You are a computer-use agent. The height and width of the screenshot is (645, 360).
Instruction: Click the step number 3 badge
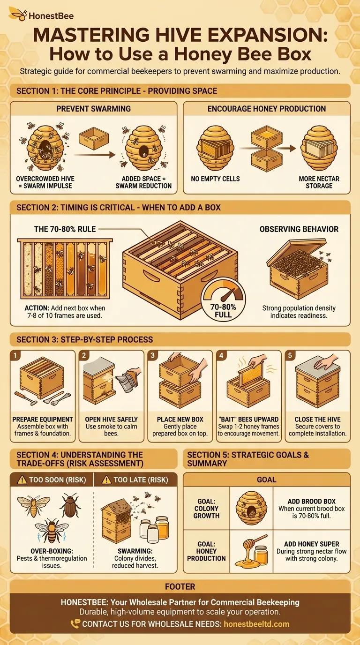pyautogui.click(x=153, y=355)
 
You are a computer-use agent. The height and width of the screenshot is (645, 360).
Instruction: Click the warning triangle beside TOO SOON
pyautogui.click(x=22, y=480)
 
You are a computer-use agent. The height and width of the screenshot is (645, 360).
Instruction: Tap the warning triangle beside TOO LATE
pyautogui.click(x=106, y=480)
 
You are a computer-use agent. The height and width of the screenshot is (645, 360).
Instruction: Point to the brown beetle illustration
pyautogui.click(x=70, y=505)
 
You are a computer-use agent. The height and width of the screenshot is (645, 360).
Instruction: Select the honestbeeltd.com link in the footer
pyautogui.click(x=256, y=624)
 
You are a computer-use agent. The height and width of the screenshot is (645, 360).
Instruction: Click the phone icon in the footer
pyautogui.click(x=75, y=624)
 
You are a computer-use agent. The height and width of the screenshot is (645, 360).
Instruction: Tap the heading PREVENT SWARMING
pyautogui.click(x=93, y=109)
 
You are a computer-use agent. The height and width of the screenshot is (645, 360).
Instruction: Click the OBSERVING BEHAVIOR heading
pyautogui.click(x=299, y=229)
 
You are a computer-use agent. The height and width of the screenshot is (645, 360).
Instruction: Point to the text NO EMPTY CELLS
pyautogui.click(x=215, y=179)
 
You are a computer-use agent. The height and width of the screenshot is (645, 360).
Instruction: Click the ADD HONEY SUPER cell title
pyautogui.click(x=311, y=544)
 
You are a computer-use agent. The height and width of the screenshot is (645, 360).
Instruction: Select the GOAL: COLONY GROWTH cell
pyautogui.click(x=207, y=508)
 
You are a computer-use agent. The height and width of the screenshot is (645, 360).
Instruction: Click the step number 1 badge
pyautogui.click(x=15, y=355)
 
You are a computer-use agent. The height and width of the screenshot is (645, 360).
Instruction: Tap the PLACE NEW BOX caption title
pyautogui.click(x=180, y=419)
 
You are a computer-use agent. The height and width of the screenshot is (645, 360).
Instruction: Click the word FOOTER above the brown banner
pyautogui.click(x=180, y=586)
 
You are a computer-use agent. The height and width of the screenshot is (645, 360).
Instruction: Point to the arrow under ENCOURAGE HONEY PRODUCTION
pyautogui.click(x=268, y=148)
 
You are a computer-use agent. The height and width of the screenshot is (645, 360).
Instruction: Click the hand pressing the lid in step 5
pyautogui.click(x=325, y=362)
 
